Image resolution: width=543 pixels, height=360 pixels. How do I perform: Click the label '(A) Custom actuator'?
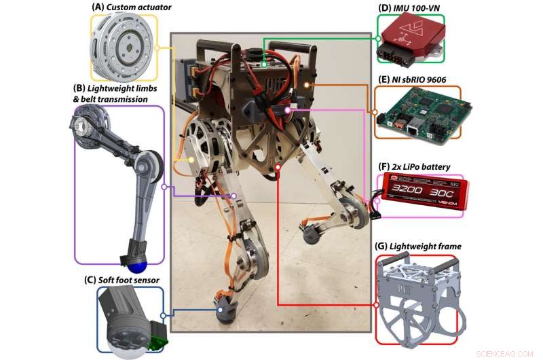click(123, 7)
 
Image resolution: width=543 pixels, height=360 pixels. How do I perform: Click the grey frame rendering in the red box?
click(417, 299)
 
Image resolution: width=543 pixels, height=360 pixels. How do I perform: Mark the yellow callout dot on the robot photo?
click(191, 159)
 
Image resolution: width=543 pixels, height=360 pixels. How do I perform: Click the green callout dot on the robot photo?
click(264, 65)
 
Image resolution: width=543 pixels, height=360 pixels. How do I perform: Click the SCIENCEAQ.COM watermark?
click(507, 353)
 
